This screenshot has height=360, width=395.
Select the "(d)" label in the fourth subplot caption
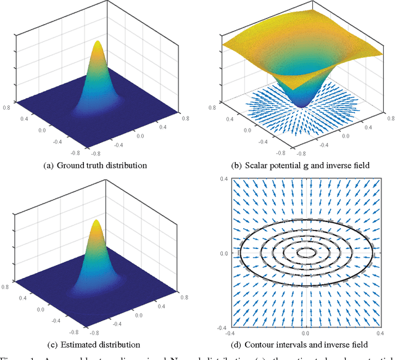(248, 344)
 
